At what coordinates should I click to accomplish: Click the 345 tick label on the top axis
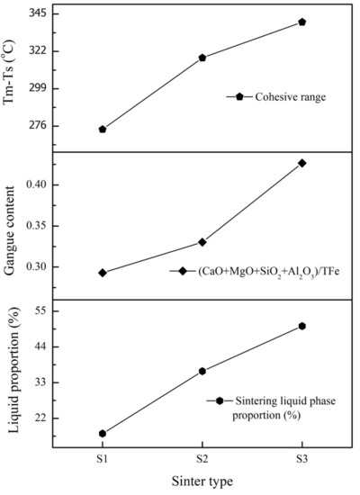[x=39, y=14]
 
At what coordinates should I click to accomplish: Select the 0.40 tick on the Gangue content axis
[x=39, y=184]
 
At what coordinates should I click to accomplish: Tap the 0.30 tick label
[x=39, y=267]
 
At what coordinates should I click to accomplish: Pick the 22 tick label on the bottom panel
[x=41, y=418]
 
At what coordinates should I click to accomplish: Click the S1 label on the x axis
[x=102, y=459]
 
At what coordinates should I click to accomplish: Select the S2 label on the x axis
[x=202, y=459]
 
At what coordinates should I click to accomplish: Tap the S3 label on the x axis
[x=302, y=459]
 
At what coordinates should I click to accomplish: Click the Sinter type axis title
[x=202, y=481]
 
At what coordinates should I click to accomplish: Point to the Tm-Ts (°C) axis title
[x=12, y=73]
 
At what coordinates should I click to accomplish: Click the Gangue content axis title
[x=12, y=225]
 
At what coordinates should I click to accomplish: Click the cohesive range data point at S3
[x=302, y=22]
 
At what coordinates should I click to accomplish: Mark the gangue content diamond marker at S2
[x=202, y=242]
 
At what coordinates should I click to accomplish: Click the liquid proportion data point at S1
[x=102, y=433]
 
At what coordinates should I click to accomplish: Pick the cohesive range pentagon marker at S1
[x=102, y=130]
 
